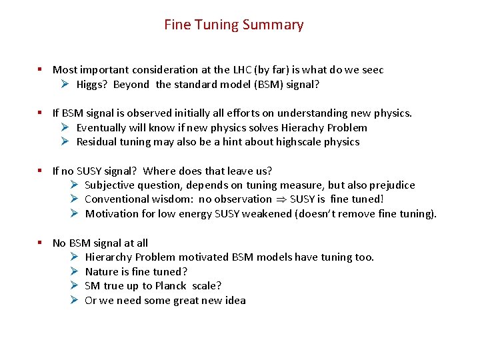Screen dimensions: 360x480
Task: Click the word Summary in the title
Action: click(x=273, y=25)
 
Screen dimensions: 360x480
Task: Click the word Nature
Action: click(x=102, y=272)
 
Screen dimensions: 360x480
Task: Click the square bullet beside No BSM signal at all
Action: click(x=41, y=243)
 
